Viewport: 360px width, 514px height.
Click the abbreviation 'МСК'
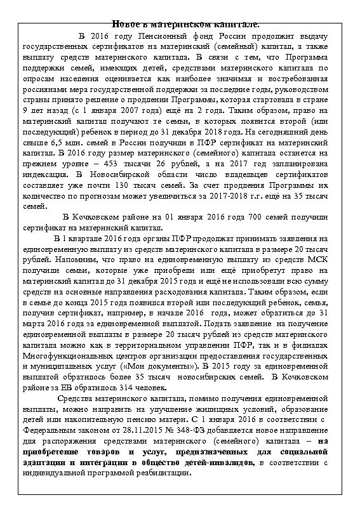(x=317, y=260)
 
